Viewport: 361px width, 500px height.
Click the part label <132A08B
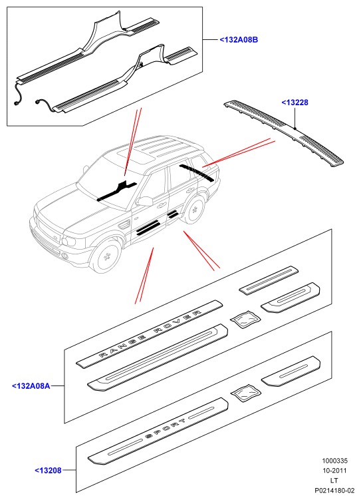[239, 40]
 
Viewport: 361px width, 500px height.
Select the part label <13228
[295, 103]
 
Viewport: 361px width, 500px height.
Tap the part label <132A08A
[31, 386]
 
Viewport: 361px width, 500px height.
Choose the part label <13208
[48, 470]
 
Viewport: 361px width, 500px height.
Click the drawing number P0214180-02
[334, 490]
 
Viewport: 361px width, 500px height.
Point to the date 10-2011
[334, 470]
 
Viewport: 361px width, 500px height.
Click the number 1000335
[334, 461]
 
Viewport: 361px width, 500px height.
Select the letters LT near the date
[334, 480]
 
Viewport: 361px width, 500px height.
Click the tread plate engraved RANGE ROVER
[150, 334]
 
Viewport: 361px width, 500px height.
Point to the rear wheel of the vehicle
[194, 210]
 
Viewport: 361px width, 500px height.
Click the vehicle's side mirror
[146, 201]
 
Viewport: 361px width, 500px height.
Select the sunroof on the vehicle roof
[134, 156]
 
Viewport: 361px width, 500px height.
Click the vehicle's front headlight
[69, 240]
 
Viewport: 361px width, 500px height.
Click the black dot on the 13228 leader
[295, 128]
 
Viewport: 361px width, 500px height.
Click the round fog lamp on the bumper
[65, 256]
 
